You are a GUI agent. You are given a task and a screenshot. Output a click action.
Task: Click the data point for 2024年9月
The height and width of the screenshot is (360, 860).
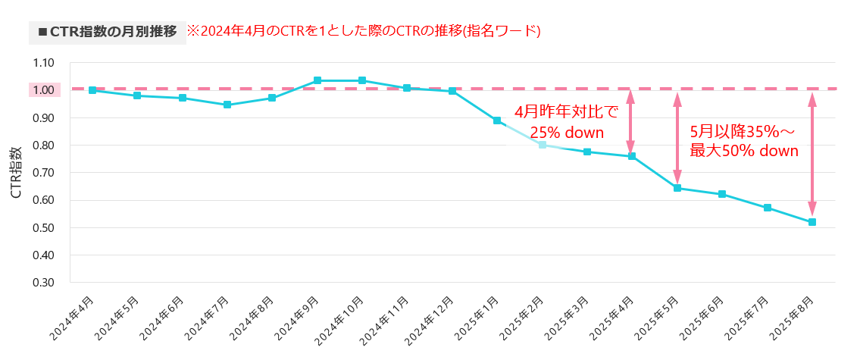point(317,80)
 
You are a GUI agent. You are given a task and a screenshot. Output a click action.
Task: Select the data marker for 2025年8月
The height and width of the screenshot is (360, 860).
point(812,222)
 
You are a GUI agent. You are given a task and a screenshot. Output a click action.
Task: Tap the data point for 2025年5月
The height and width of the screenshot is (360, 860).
point(677,188)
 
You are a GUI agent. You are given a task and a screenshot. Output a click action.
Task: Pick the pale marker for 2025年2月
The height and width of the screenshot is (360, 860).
point(542,145)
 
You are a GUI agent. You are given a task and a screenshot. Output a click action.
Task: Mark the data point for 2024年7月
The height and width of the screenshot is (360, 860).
point(227,105)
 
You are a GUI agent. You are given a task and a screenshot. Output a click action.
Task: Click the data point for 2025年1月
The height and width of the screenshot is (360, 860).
point(497,121)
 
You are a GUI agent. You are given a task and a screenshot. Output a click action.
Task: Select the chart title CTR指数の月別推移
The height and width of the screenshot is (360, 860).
point(107,32)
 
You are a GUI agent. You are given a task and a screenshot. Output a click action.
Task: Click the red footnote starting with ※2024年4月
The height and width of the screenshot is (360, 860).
point(364,32)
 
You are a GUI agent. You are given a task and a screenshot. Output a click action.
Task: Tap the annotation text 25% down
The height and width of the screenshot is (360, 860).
point(567,133)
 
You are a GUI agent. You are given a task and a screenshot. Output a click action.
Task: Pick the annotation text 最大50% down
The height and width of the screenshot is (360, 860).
point(744,151)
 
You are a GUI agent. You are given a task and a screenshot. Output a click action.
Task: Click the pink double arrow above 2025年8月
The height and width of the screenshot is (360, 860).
point(812,155)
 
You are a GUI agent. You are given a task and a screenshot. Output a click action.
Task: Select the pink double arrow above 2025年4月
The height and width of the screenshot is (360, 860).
point(630,122)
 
